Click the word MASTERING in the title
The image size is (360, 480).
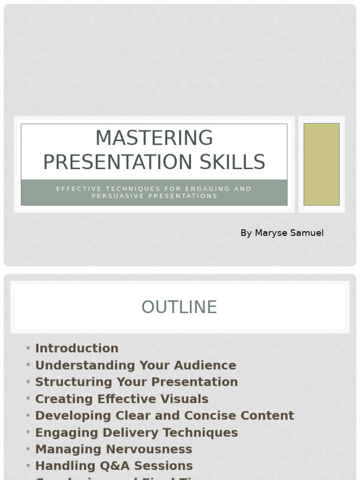pyautogui.click(x=154, y=138)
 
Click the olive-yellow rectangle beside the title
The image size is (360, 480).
pyautogui.click(x=321, y=164)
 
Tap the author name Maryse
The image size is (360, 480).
pyautogui.click(x=272, y=233)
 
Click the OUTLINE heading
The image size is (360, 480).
pyautogui.click(x=179, y=307)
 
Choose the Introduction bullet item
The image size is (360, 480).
pyautogui.click(x=77, y=348)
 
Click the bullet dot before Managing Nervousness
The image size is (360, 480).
pyautogui.click(x=29, y=449)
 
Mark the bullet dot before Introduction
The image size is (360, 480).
pyautogui.click(x=29, y=348)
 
